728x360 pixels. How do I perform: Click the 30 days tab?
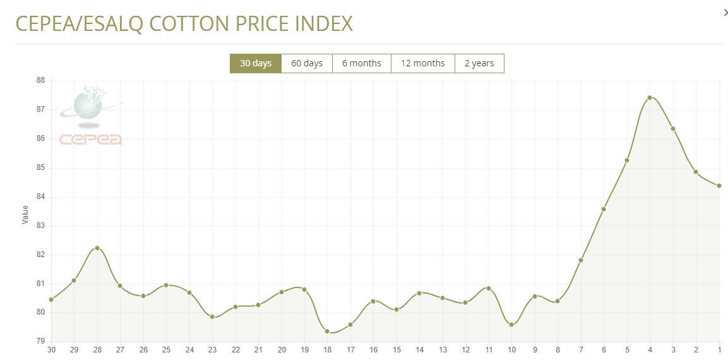[256, 63]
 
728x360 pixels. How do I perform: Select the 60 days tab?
[307, 63]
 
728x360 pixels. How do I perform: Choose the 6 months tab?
[362, 63]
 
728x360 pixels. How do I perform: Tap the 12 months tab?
[423, 63]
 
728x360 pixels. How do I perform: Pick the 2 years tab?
[479, 63]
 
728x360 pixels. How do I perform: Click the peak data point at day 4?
[650, 98]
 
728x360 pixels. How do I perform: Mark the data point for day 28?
[97, 248]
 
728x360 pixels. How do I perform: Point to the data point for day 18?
[327, 332]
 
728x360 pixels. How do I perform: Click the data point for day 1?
[719, 186]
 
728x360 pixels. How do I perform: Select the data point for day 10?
[511, 325]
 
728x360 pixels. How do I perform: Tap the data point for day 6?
[604, 209]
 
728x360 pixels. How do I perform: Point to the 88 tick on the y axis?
[40, 80]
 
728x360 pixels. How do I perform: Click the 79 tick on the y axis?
[40, 342]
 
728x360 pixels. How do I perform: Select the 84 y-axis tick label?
[40, 196]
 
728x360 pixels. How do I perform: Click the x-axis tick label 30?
[51, 350]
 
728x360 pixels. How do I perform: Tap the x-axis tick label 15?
[397, 350]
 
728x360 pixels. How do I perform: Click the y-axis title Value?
[25, 215]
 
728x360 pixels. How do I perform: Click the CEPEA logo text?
[91, 140]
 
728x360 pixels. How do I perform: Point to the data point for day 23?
[212, 317]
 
